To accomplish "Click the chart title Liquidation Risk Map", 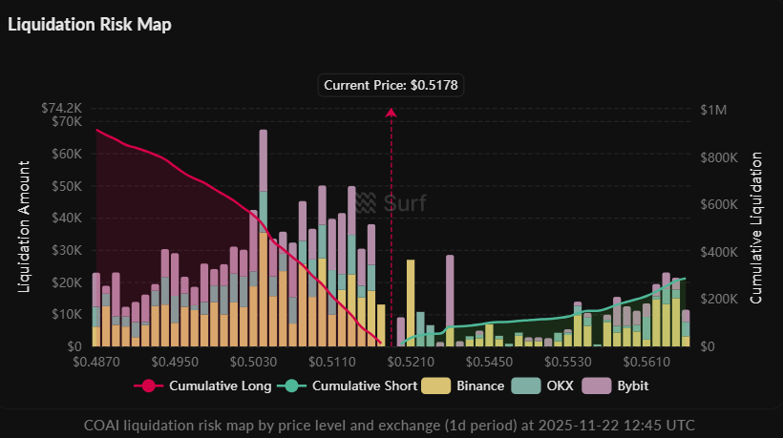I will pos(90,25).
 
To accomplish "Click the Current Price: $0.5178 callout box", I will pos(391,85).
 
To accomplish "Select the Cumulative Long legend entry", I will pos(202,386).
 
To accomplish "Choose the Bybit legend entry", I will pos(617,386).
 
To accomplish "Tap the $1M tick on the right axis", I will pos(713,111).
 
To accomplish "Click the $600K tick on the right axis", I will pos(719,205).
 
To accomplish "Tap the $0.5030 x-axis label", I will pos(253,364).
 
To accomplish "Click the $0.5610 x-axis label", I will pos(645,364).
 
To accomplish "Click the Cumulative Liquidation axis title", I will pos(756,227).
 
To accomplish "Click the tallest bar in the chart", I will pos(263,239).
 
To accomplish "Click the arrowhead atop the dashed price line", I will pos(391,113).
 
